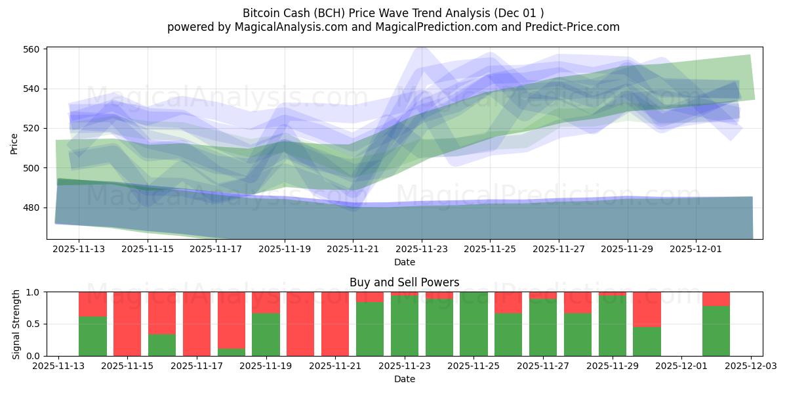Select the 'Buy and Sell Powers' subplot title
point(404,282)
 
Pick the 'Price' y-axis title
point(14,143)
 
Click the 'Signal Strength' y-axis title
point(16,324)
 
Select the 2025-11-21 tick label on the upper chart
point(353,250)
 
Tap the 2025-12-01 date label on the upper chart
point(696,250)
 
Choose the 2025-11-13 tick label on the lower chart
point(58,366)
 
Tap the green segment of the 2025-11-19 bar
point(266,335)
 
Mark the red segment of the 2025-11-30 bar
point(647,309)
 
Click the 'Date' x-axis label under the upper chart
point(404,262)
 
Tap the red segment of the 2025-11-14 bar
point(92,304)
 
